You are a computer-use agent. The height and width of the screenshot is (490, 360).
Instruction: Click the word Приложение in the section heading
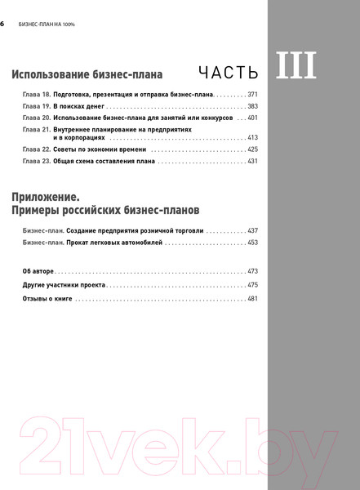pyautogui.click(x=46, y=197)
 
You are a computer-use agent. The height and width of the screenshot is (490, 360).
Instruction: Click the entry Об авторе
pyautogui.click(x=38, y=270)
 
